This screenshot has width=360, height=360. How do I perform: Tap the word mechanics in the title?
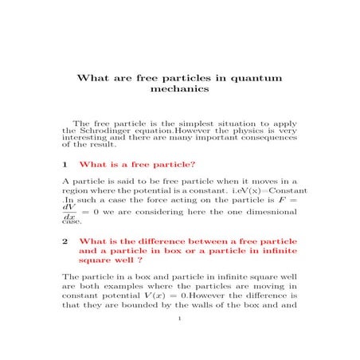(x=179, y=90)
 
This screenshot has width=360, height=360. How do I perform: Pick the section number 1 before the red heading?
(x=64, y=164)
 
